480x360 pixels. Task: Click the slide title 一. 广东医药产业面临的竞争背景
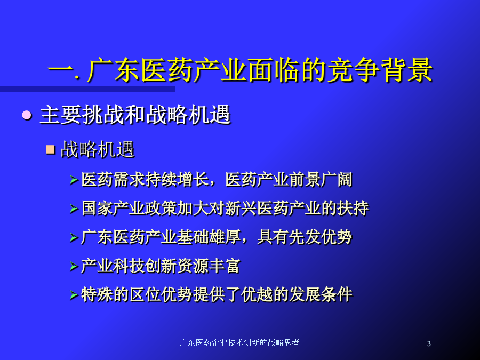click(x=240, y=70)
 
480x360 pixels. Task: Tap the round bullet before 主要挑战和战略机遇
click(x=27, y=115)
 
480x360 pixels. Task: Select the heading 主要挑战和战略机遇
click(x=135, y=115)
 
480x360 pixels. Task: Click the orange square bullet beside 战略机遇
click(x=50, y=150)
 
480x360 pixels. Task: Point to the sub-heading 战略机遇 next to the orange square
click(x=98, y=150)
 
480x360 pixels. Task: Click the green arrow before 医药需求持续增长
click(x=74, y=180)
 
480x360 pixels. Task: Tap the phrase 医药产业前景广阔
click(x=289, y=179)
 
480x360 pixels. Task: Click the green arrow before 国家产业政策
click(x=74, y=209)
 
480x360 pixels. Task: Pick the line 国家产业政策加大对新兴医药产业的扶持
click(x=225, y=208)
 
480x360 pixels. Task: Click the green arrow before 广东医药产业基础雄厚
click(x=74, y=237)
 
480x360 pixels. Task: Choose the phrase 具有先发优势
click(x=305, y=237)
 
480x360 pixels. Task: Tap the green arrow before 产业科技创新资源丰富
click(x=74, y=266)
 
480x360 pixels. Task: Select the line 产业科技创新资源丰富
click(x=161, y=266)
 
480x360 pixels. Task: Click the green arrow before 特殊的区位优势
click(x=74, y=295)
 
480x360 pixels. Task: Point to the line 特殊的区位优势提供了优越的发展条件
click(x=217, y=294)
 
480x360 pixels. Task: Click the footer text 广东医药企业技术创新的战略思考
click(x=239, y=342)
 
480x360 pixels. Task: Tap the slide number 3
click(x=429, y=343)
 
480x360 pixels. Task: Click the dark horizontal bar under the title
click(x=87, y=89)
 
